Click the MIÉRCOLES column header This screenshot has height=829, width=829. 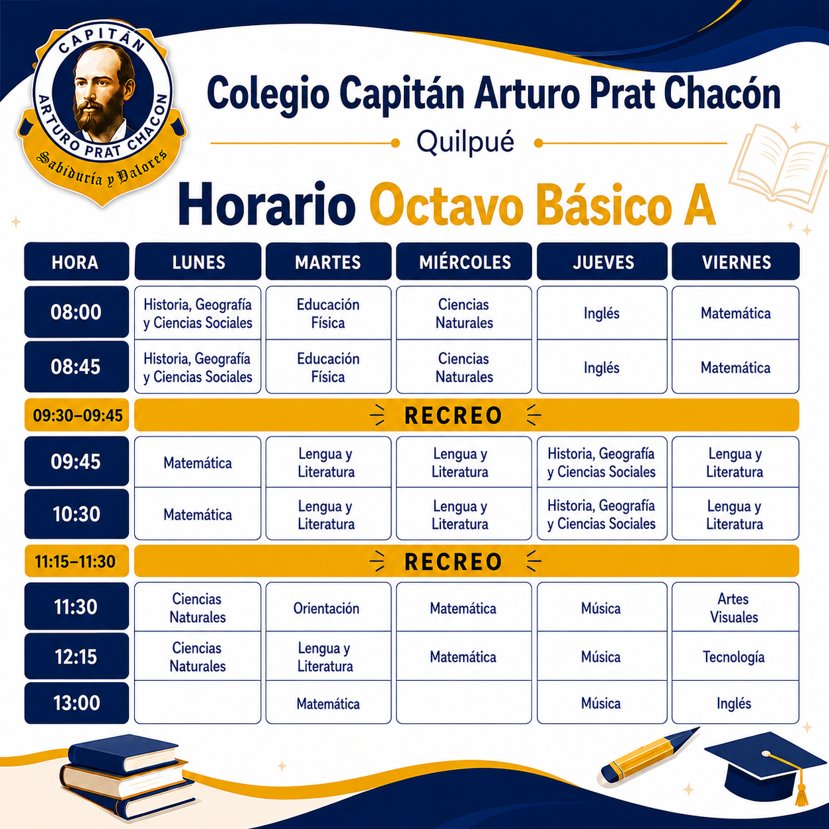point(464,262)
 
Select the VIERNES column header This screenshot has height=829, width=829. point(736,262)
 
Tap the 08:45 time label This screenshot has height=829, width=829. point(76,366)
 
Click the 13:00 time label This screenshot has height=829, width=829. point(76,703)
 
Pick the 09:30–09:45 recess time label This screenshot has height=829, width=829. point(77,415)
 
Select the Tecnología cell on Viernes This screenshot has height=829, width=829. point(735,656)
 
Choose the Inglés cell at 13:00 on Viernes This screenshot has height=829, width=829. point(735,703)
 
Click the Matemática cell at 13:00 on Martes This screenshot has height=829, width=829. point(329,703)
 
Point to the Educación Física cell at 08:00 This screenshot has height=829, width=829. point(329,313)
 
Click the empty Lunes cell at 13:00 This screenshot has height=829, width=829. point(198,702)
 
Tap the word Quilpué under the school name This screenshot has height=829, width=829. point(465,141)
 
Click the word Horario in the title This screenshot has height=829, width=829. point(266,204)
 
